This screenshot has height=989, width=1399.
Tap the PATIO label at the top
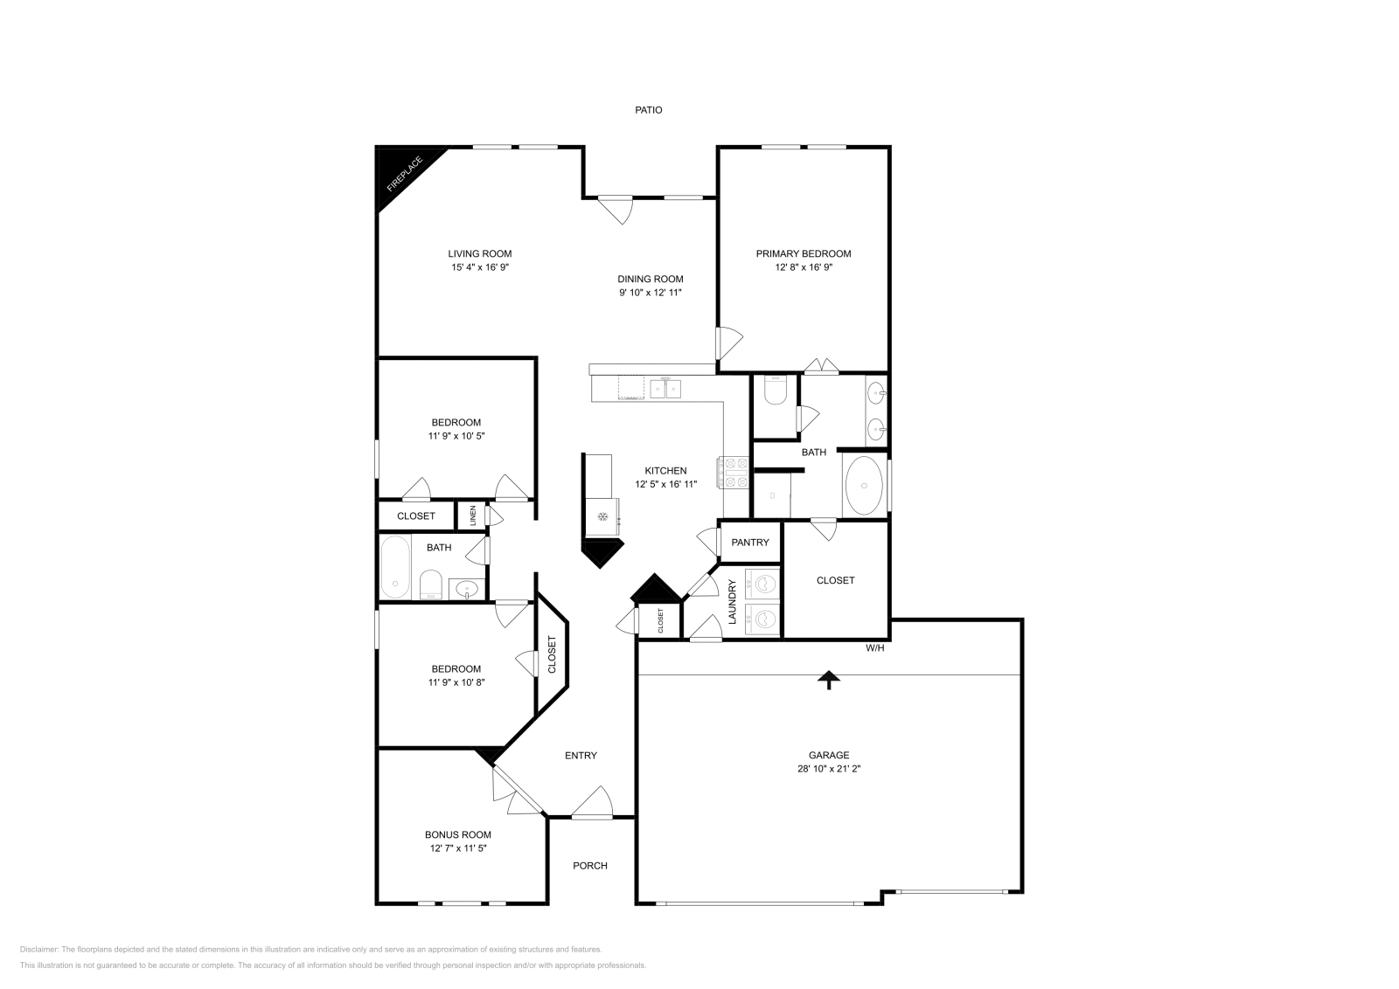click(x=648, y=110)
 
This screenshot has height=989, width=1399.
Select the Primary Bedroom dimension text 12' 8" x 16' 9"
click(x=803, y=268)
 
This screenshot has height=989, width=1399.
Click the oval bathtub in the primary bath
click(x=865, y=486)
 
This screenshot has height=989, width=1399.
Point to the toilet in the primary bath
click(x=776, y=390)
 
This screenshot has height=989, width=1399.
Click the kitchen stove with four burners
click(x=734, y=473)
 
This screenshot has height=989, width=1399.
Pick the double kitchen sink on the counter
click(x=665, y=387)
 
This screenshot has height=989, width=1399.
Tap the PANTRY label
click(x=750, y=543)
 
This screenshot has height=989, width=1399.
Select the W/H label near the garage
click(x=875, y=648)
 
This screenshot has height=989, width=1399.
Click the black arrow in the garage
click(x=828, y=680)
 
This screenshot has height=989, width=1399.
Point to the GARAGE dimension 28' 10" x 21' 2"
click(x=828, y=770)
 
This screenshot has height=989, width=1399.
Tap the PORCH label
click(x=590, y=866)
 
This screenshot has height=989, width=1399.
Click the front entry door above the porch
click(x=593, y=805)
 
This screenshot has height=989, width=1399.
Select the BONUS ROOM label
click(x=458, y=834)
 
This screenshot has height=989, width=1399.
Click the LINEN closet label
click(x=473, y=515)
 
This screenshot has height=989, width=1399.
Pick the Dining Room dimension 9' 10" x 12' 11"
click(x=651, y=293)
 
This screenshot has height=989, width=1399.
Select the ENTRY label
click(x=581, y=756)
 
